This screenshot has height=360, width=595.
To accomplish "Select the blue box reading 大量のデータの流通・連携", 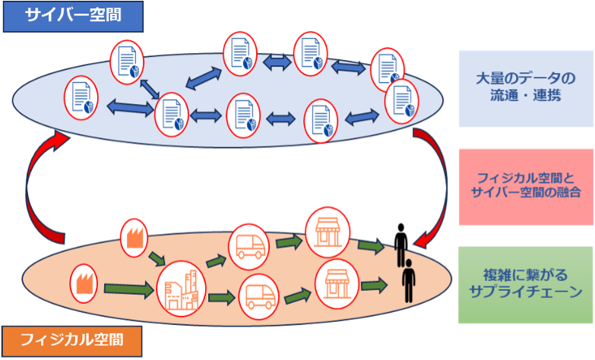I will [x=525, y=88].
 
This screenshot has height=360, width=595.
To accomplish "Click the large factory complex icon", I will [x=181, y=288].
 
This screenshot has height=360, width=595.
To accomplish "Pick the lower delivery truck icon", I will [x=261, y=296].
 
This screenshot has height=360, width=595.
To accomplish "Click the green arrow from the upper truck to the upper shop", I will [x=289, y=241].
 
